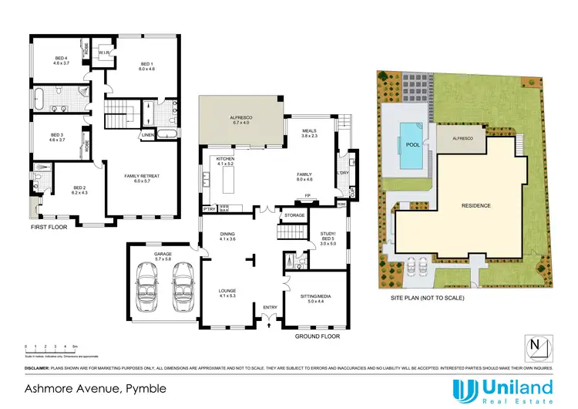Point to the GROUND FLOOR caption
pyautogui.click(x=318, y=336)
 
